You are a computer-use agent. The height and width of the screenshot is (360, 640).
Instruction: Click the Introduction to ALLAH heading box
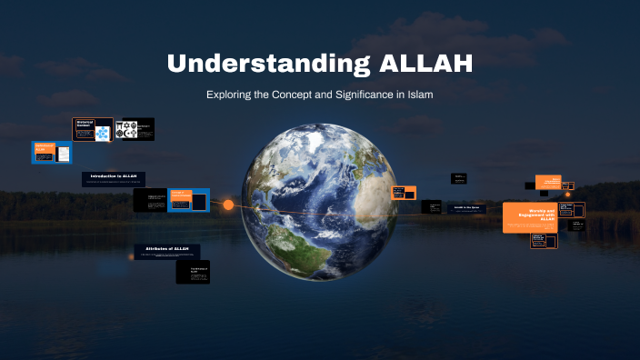pos(113,176)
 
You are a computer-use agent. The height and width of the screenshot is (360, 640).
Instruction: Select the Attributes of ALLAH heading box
pos(166,249)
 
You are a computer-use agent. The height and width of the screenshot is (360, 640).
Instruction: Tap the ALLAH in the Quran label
pos(466,207)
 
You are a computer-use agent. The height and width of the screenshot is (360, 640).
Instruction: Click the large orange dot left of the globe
pos(228,205)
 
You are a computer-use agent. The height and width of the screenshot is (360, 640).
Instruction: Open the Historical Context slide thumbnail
pos(93,129)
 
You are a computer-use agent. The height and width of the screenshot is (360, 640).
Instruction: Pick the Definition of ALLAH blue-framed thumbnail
pos(52,152)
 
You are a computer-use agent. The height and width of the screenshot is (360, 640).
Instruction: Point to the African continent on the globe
pos(368,195)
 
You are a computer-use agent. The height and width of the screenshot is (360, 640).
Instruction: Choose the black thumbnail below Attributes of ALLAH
pos(193,272)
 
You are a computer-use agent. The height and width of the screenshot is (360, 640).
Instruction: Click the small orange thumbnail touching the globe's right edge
pos(403,192)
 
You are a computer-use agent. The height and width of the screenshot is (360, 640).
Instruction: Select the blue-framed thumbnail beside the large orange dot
pos(188,200)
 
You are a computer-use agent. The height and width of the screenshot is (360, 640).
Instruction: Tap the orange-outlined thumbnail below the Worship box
pos(543,241)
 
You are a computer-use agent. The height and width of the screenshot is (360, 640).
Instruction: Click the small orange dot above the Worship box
pos(567,194)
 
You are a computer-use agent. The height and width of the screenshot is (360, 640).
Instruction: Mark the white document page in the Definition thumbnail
pos(64,154)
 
